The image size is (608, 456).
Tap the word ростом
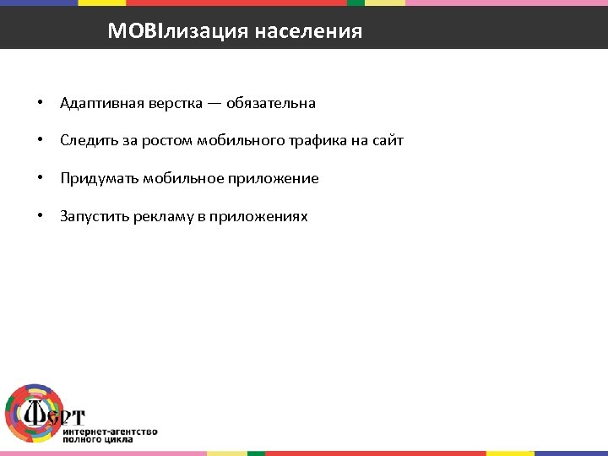(169, 141)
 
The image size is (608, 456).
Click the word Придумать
(99, 178)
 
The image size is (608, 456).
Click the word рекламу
(161, 216)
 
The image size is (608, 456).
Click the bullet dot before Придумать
(40, 178)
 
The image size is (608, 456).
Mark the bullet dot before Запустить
(40, 216)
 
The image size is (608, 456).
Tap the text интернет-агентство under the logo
(110, 431)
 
